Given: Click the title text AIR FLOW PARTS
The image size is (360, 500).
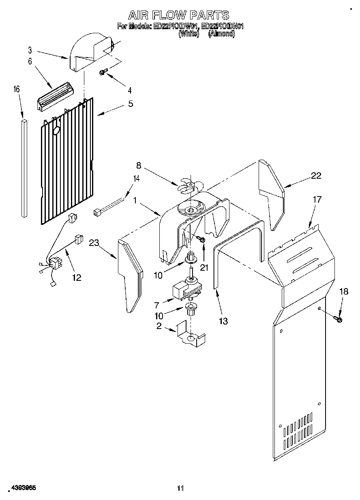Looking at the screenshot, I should click(179, 15).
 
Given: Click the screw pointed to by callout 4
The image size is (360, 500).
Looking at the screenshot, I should click(103, 72).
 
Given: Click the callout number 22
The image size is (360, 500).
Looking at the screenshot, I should click(316, 175).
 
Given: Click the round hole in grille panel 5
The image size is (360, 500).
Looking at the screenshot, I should click(56, 130).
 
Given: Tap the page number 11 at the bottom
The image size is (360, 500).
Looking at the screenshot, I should click(180, 488).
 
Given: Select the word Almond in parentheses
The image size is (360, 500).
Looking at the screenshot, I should click(222, 34).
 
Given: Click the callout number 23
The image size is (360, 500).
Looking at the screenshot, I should click(94, 243).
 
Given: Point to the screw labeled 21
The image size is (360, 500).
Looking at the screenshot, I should click(201, 240).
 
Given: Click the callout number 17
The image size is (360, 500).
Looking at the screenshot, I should click(317, 199).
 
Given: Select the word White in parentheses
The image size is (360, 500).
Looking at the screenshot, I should click(189, 34).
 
